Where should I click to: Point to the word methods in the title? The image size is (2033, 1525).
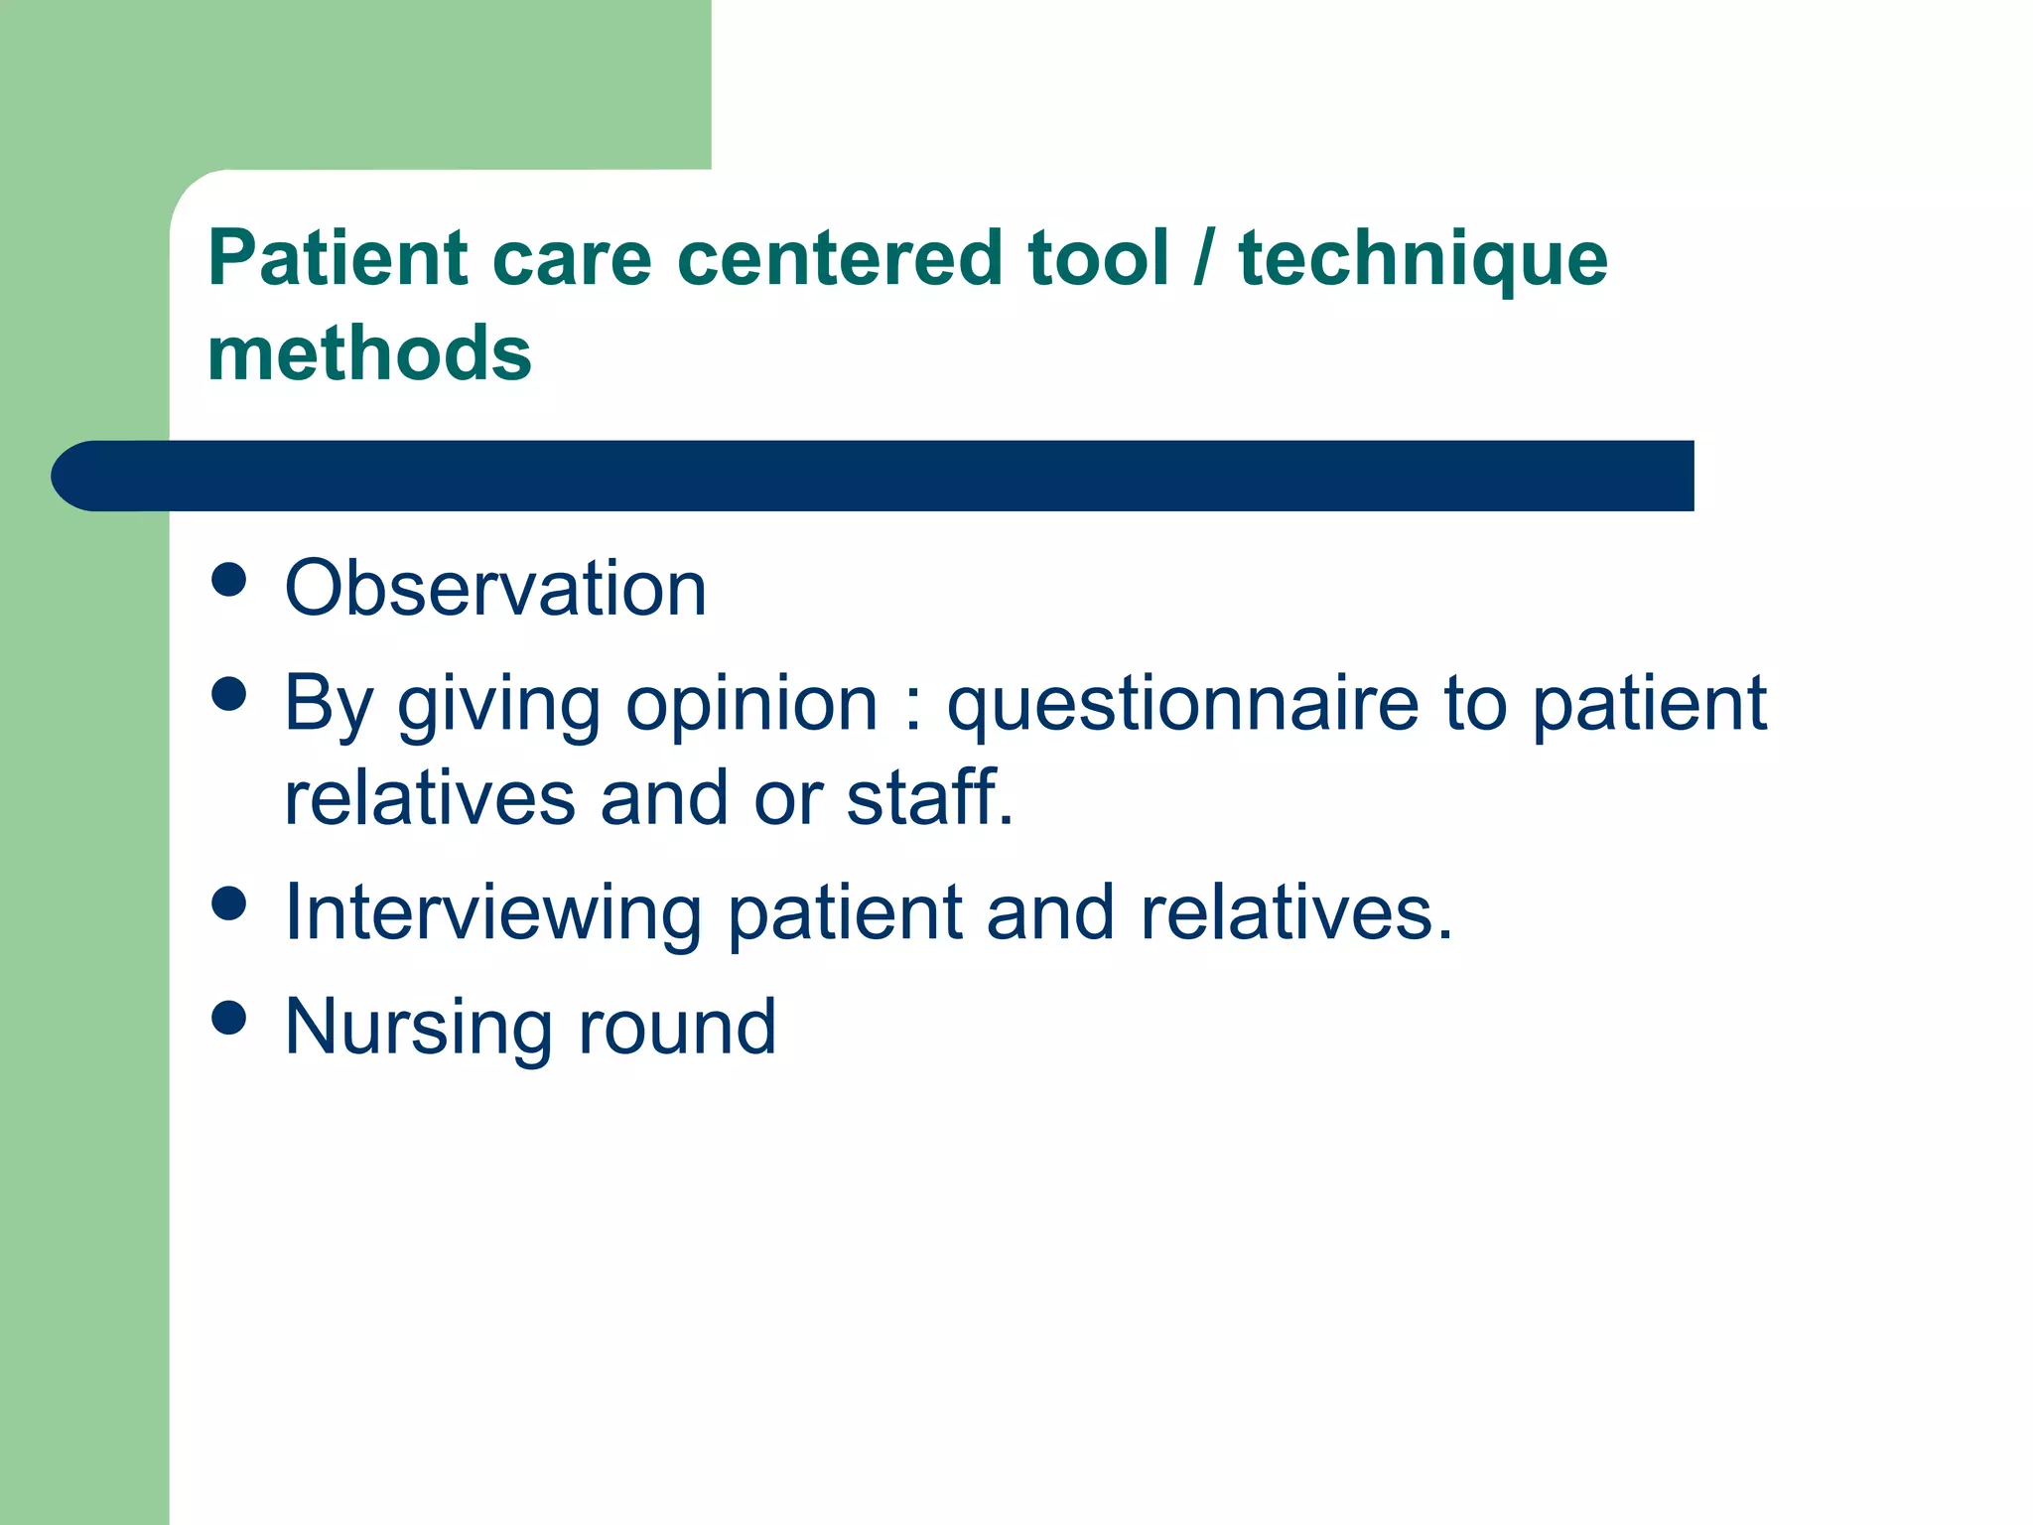[x=369, y=353]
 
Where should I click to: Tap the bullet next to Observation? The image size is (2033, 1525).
[x=229, y=580]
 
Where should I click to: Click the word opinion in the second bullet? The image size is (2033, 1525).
[x=751, y=705]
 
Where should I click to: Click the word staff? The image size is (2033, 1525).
[x=929, y=797]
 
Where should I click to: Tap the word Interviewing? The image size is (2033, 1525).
[x=493, y=913]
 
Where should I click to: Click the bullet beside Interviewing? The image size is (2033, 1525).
[x=229, y=903]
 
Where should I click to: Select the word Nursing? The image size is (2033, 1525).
[x=418, y=1029]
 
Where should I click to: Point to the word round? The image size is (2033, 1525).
[x=677, y=1027]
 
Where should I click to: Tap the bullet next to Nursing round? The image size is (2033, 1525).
[x=229, y=1018]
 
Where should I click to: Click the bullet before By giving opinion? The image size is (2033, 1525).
[x=229, y=694]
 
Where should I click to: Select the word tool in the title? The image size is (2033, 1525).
[x=1098, y=258]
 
